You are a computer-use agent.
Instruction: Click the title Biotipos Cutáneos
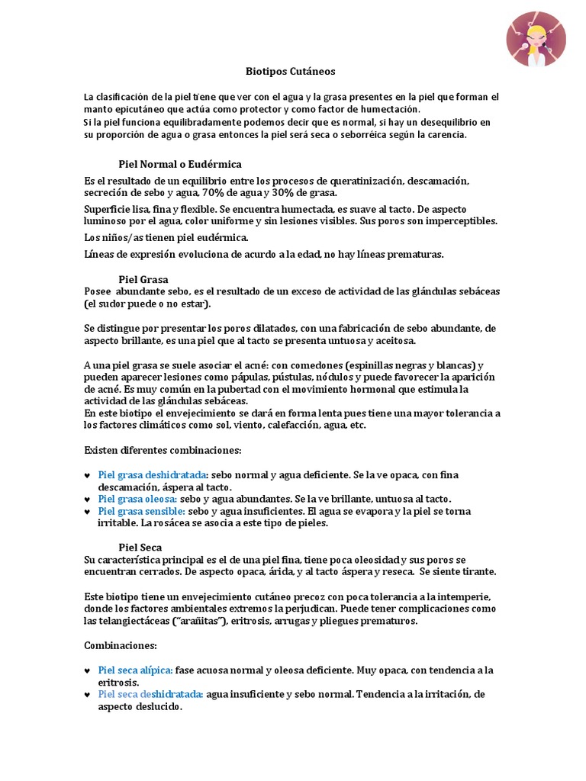point(290,72)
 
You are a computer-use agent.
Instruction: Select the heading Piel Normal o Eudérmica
point(180,164)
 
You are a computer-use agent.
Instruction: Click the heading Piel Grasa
point(143,279)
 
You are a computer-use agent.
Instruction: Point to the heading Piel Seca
point(140,547)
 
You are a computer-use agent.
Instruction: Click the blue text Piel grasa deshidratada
point(153,474)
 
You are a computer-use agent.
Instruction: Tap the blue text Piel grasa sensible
point(142,511)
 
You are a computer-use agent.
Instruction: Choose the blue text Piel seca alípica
point(135,670)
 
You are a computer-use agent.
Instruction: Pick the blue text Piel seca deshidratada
point(150,694)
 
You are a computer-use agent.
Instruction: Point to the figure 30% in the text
point(291,193)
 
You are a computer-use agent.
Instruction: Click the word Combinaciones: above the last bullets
point(121,645)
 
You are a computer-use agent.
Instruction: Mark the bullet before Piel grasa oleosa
point(87,500)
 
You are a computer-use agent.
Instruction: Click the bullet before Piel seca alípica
point(87,670)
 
